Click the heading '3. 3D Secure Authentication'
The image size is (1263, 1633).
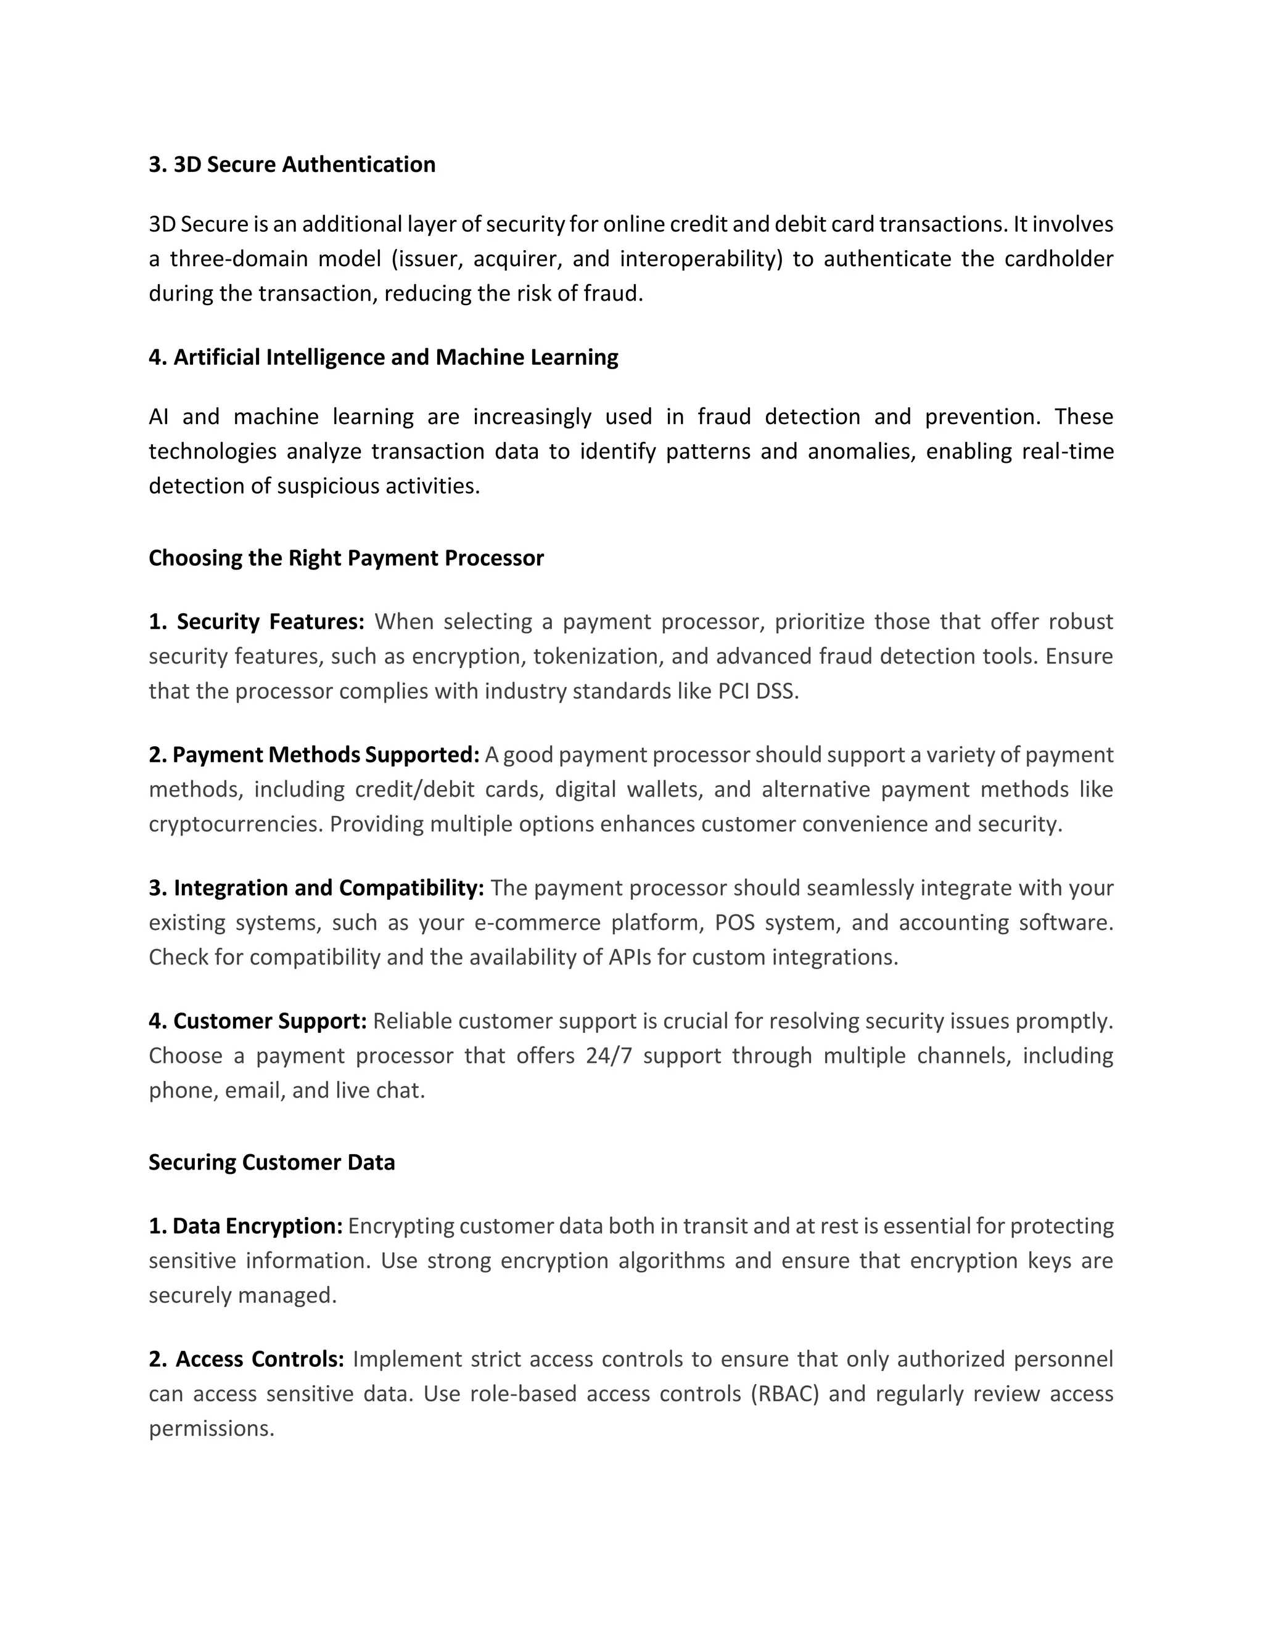click(x=292, y=165)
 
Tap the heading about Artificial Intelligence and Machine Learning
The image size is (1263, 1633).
click(x=383, y=357)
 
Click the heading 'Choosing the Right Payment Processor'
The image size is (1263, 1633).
click(x=346, y=558)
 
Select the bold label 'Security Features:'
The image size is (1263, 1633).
click(x=270, y=621)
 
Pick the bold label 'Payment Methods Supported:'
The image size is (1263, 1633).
click(x=326, y=754)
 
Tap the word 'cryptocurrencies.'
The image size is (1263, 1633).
click(x=236, y=824)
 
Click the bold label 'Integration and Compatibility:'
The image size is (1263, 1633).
click(x=329, y=887)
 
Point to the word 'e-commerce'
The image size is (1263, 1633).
click(x=537, y=922)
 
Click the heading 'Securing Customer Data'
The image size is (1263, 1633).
click(x=271, y=1162)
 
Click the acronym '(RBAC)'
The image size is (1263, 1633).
click(x=785, y=1394)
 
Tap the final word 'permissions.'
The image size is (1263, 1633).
click(x=212, y=1428)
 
